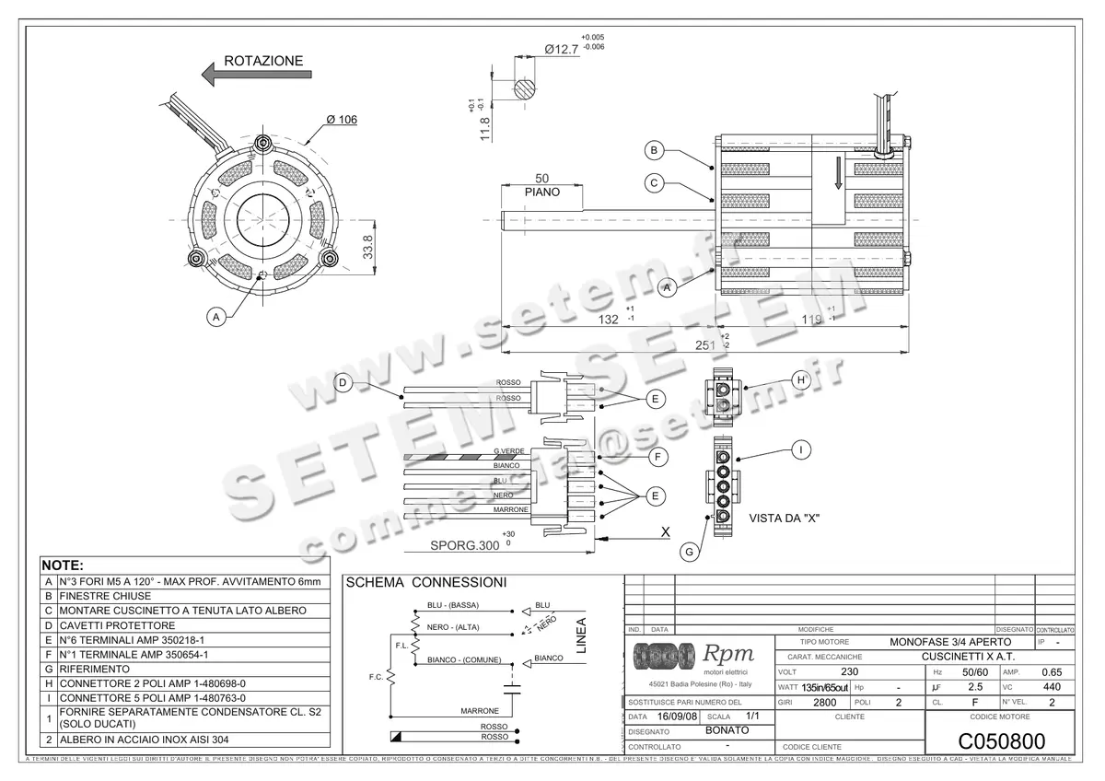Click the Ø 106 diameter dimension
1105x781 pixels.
pyautogui.click(x=342, y=120)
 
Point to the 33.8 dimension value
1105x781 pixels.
pyautogui.click(x=368, y=247)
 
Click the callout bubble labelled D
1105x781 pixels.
pyautogui.click(x=343, y=383)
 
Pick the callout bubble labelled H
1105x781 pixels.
pyautogui.click(x=800, y=379)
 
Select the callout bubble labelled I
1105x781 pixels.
pyautogui.click(x=802, y=449)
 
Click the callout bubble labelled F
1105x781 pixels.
pyautogui.click(x=657, y=455)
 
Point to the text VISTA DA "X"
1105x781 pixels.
pyautogui.click(x=784, y=519)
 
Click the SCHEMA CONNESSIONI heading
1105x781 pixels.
pyautogui.click(x=425, y=583)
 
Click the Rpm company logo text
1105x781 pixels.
pyautogui.click(x=729, y=654)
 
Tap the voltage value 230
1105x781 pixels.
pyautogui.click(x=850, y=671)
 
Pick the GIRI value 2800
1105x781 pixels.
pyautogui.click(x=825, y=702)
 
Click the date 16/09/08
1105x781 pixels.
pyautogui.click(x=679, y=717)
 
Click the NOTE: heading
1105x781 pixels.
pyautogui.click(x=64, y=565)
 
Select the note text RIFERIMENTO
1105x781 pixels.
pyautogui.click(x=92, y=670)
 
